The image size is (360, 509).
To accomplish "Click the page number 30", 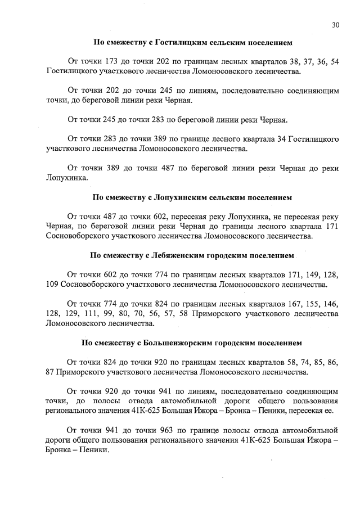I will [335, 25].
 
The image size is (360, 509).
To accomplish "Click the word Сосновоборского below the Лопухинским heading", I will [79, 237].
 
